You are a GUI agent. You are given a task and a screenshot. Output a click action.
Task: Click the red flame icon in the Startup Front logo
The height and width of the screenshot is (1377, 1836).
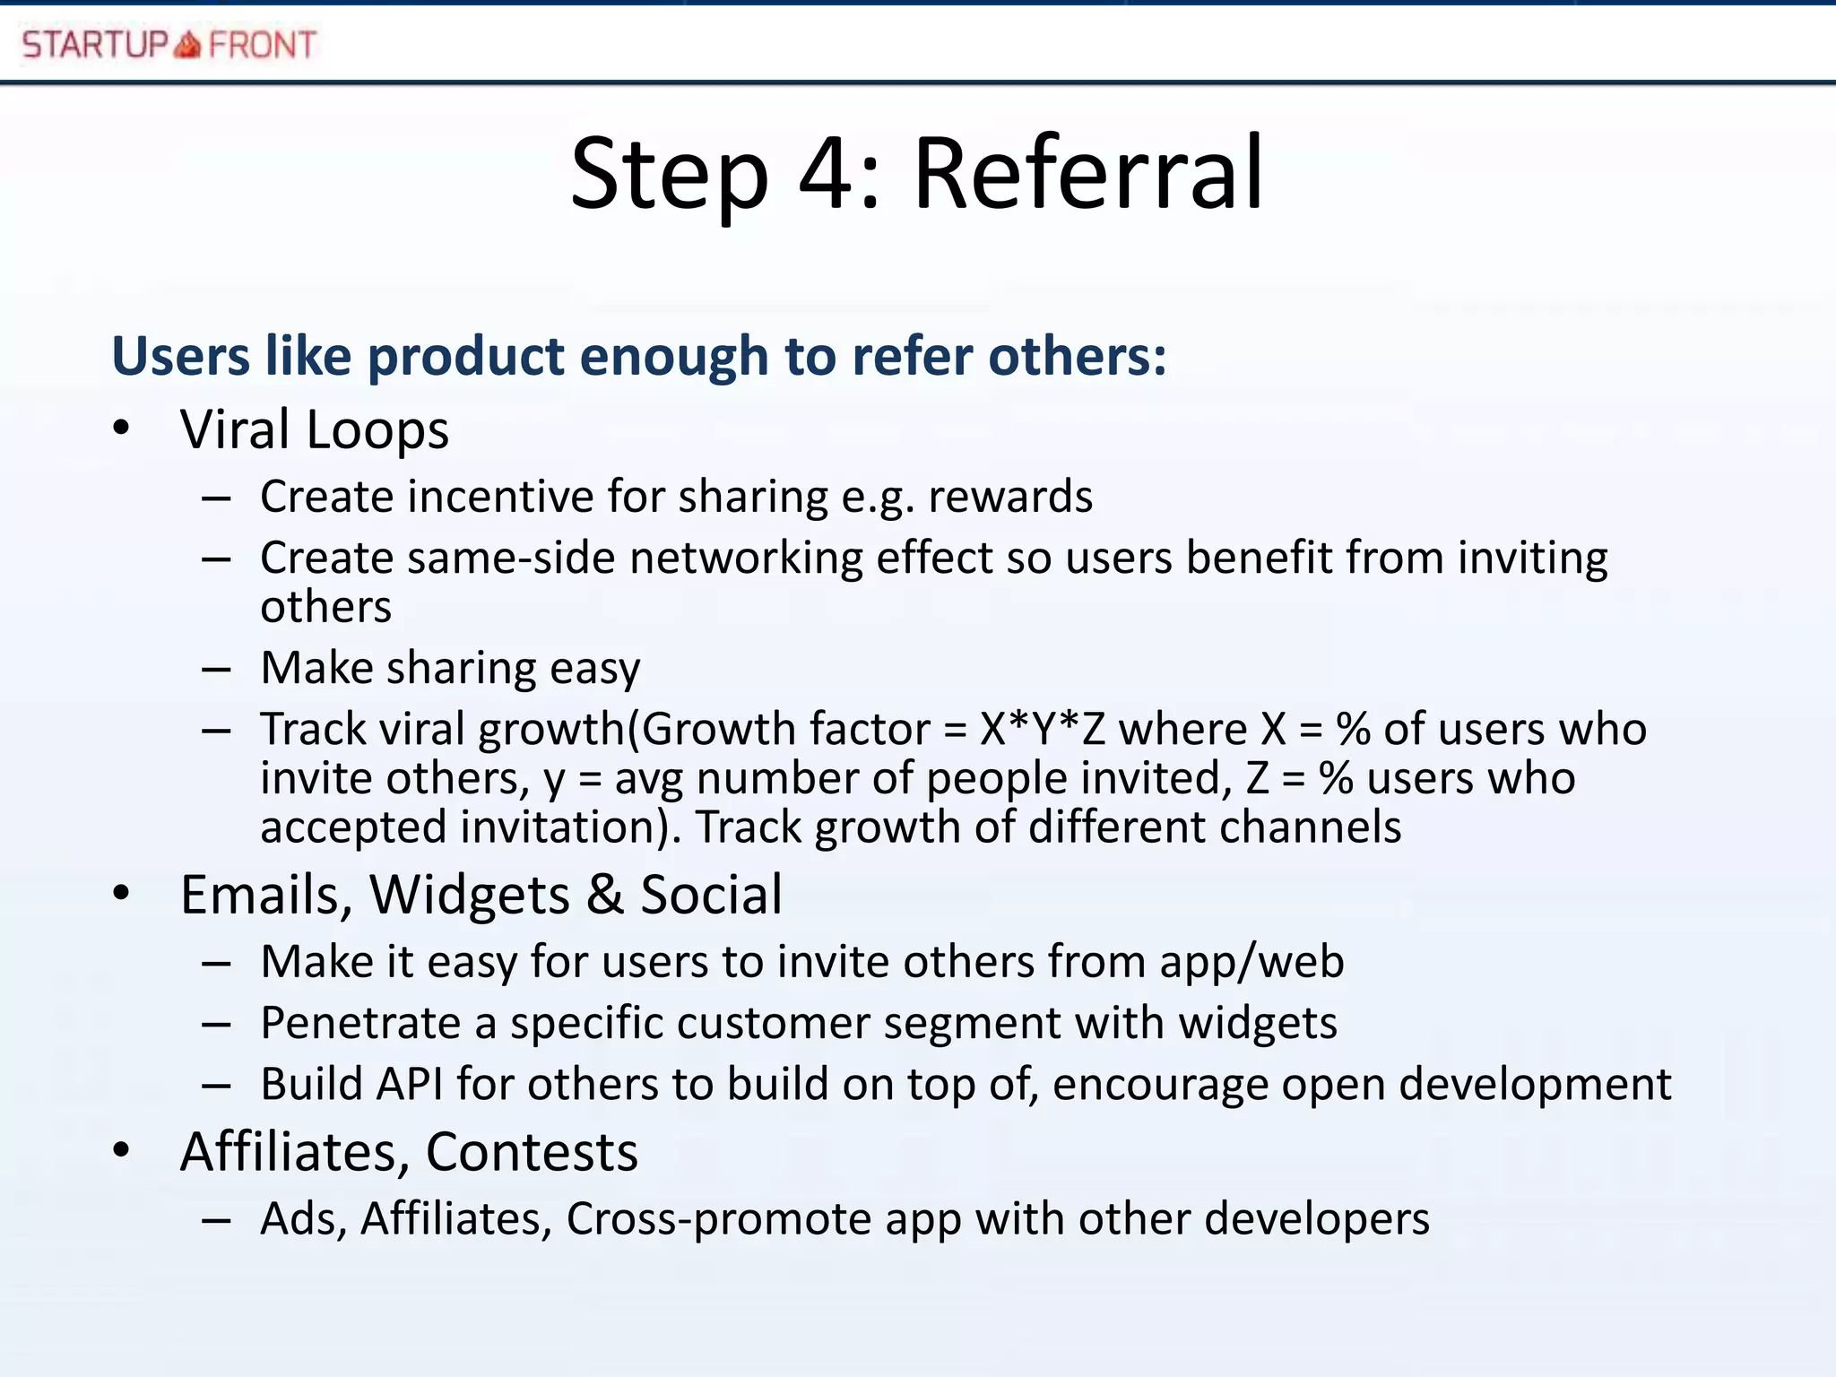187,44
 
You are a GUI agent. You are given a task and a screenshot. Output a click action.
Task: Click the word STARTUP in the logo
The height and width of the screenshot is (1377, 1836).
95,44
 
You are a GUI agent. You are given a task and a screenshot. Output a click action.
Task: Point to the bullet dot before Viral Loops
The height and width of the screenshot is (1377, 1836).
122,429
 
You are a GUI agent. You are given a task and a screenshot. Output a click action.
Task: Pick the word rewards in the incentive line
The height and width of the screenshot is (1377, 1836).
1010,497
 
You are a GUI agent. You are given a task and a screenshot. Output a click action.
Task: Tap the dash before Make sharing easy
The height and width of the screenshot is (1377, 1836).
216,670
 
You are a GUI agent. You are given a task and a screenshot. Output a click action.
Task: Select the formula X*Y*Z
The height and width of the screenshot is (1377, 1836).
1043,730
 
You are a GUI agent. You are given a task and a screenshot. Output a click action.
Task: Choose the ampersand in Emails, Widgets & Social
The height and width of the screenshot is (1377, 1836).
606,895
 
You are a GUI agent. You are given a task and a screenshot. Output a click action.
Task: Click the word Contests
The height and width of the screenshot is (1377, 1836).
532,1152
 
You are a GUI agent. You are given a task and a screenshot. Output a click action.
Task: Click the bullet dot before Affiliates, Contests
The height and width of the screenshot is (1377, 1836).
122,1150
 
